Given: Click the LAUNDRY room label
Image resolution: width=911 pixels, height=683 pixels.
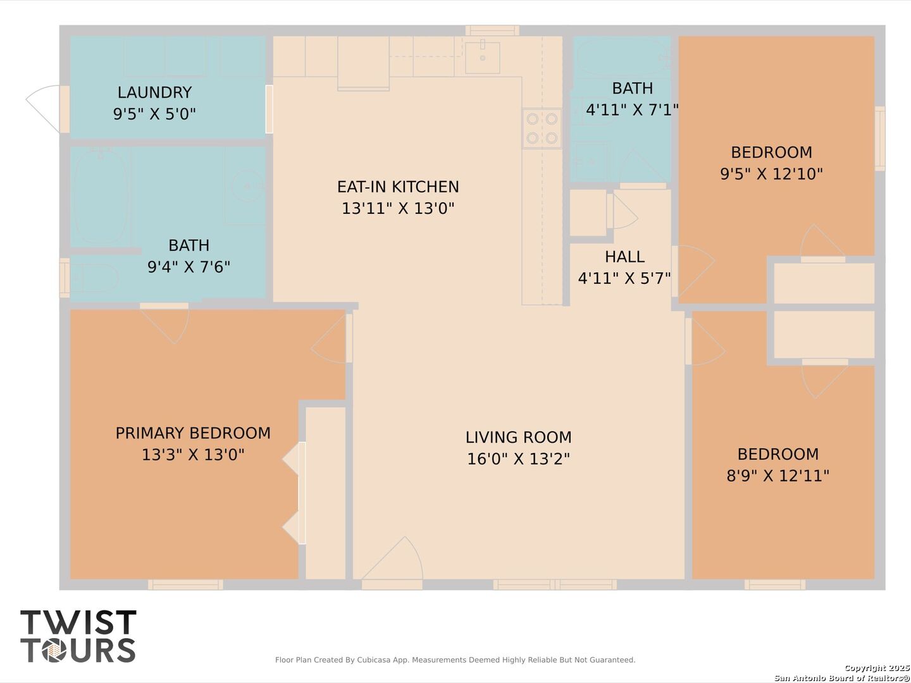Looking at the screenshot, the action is click(154, 92).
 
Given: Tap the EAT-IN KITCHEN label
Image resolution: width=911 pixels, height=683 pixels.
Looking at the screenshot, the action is click(398, 187).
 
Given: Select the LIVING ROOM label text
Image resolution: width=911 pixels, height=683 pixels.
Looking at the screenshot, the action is click(518, 438).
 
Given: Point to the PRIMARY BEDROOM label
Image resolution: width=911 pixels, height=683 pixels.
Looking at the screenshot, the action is click(193, 433).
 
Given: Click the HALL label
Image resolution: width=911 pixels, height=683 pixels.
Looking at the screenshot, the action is click(624, 257).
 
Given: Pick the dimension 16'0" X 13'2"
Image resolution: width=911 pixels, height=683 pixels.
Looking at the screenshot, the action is click(518, 459).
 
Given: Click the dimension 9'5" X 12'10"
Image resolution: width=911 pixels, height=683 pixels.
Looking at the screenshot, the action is click(771, 174).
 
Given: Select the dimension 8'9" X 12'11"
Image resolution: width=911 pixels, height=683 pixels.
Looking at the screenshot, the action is click(778, 476).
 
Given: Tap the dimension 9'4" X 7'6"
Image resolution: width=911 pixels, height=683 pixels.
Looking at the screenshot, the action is click(189, 267).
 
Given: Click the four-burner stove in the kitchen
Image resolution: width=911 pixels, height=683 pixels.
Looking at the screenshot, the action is click(542, 128).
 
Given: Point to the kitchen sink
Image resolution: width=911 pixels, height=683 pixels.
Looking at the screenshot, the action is click(482, 57).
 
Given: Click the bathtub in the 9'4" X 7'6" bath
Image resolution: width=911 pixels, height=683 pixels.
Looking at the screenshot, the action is click(101, 197).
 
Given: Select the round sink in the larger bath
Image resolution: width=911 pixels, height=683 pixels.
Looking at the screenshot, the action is click(247, 186).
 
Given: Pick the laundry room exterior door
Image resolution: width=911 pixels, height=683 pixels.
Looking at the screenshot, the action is click(43, 109).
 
